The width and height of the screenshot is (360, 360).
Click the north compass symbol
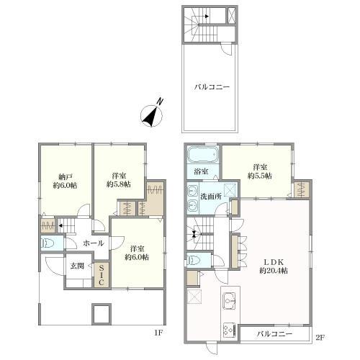pyautogui.click(x=151, y=115)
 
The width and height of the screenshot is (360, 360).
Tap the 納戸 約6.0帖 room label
pyautogui.click(x=66, y=181)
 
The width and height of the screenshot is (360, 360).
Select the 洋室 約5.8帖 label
pyautogui.click(x=119, y=180)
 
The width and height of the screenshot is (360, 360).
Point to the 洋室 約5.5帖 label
pyautogui.click(x=260, y=171)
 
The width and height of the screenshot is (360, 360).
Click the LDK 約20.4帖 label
pyautogui.click(x=274, y=266)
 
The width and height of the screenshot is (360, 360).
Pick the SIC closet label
pyautogui.click(x=102, y=274)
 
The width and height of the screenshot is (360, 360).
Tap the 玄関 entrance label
pyautogui.click(x=77, y=266)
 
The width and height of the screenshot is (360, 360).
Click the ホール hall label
pyautogui.click(x=94, y=243)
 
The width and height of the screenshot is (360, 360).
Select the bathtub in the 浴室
pyautogui.click(x=203, y=155)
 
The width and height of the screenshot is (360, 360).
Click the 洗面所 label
pyautogui.click(x=211, y=197)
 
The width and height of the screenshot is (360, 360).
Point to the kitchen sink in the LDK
pyautogui.click(x=230, y=301)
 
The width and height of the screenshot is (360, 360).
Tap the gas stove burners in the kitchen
pyautogui.click(x=230, y=330)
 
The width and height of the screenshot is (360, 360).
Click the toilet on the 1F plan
pyautogui.click(x=48, y=243)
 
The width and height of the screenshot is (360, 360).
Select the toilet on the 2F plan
pyautogui.click(x=194, y=260)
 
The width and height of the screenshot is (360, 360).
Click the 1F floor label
pyautogui.click(x=158, y=333)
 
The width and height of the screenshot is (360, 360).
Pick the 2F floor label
pyautogui.click(x=320, y=338)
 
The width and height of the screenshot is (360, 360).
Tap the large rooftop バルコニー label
pyautogui.click(x=212, y=87)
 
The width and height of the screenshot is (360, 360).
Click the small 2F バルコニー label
pyautogui.click(x=275, y=334)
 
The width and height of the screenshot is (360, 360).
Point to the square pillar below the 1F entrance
pyautogui.click(x=102, y=314)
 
